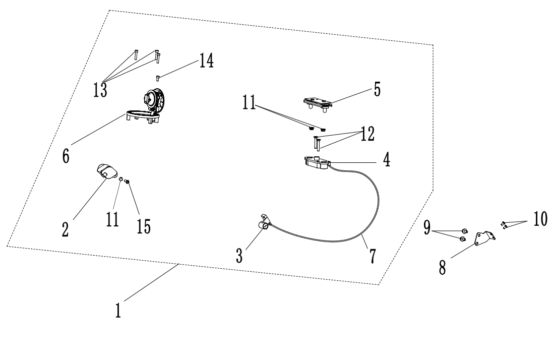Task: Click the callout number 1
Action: (118, 309)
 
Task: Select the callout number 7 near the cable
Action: (372, 256)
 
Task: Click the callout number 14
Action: (206, 62)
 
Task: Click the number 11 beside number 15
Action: (113, 219)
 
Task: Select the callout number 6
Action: (66, 155)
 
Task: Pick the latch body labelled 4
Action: (316, 162)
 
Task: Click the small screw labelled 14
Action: (158, 78)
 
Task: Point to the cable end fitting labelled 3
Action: (264, 222)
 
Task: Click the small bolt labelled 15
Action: (128, 182)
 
